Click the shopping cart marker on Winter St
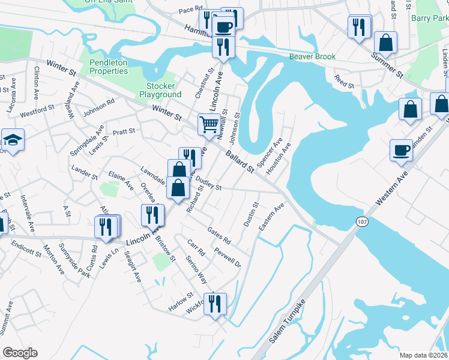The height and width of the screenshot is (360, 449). tap(209, 125)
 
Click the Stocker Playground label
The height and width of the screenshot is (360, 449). tap(160, 90)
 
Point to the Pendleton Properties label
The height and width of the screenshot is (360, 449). tap(109, 67)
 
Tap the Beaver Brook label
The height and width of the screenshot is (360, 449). tap(312, 56)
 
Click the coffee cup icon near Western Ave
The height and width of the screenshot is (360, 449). tap(401, 150)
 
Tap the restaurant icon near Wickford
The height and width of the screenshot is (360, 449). tap(214, 303)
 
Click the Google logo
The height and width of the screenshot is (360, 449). tap(20, 353)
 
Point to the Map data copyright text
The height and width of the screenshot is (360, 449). tap(423, 355)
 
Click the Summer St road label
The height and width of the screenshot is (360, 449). tap(387, 65)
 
